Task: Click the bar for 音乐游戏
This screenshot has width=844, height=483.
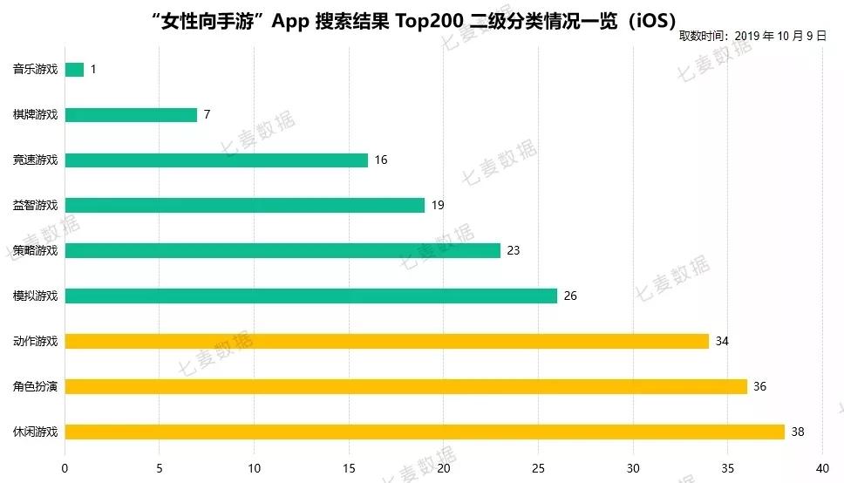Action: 75,70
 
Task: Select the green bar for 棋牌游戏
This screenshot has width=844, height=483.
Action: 131,115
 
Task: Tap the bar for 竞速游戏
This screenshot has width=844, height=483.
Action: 216,160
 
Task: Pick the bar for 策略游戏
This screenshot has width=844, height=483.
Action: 282,251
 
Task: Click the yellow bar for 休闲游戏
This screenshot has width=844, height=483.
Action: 425,432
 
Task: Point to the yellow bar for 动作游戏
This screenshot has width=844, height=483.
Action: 387,341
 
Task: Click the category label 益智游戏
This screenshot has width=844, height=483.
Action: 36,206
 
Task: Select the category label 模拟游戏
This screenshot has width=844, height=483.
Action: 36,296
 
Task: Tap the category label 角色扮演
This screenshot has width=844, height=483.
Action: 36,386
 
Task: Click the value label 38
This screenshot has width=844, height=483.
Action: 798,432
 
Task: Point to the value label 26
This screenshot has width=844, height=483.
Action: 570,296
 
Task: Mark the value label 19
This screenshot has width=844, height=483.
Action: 438,206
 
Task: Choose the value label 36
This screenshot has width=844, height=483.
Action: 759,386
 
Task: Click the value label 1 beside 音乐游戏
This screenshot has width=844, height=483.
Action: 93,70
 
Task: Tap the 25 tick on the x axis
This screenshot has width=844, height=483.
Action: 538,468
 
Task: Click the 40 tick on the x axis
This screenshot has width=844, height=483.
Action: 822,468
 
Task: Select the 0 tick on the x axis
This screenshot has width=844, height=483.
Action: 65,468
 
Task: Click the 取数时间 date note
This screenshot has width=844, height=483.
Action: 752,36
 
